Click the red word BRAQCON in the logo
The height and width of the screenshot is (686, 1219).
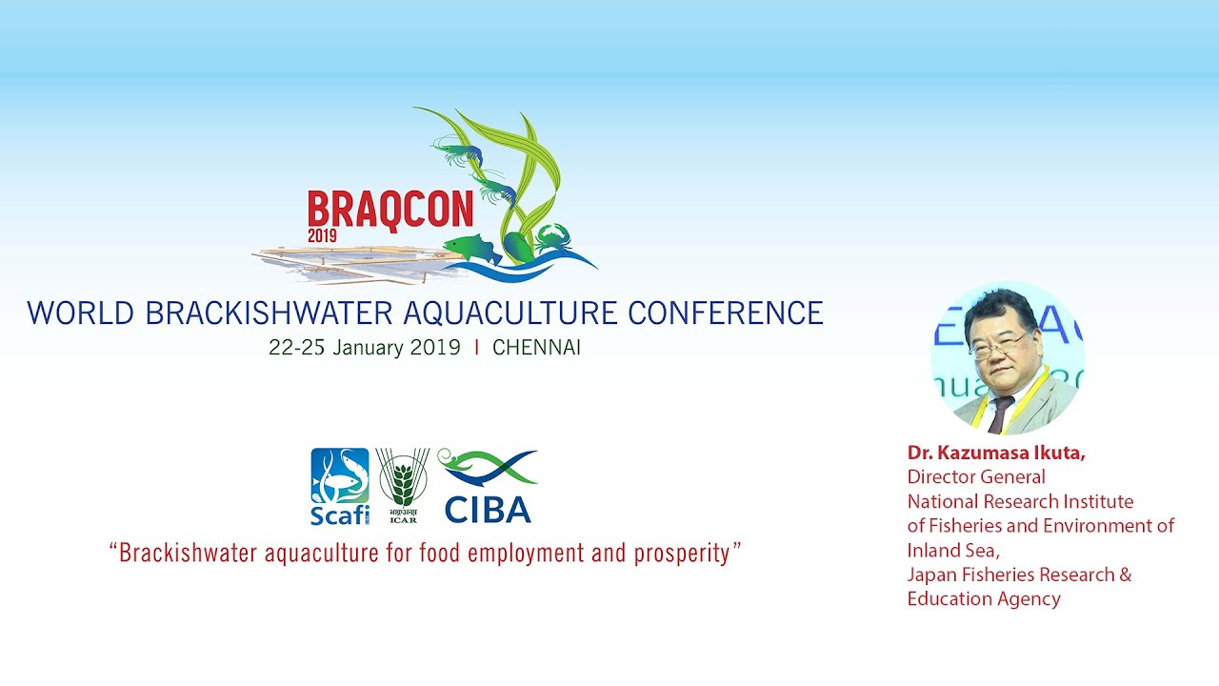click(x=390, y=211)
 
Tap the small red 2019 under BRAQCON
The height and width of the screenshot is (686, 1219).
click(x=322, y=235)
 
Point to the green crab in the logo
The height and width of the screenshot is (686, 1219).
click(x=553, y=238)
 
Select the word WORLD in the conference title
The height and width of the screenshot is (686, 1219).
click(x=81, y=313)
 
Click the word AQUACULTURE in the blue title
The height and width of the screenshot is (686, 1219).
click(x=510, y=313)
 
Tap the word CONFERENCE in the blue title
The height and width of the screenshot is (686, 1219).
click(x=726, y=313)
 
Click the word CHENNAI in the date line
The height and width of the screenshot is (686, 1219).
click(x=536, y=348)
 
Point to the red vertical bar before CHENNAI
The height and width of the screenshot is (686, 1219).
click(x=477, y=348)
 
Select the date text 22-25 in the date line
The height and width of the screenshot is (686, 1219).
click(x=296, y=348)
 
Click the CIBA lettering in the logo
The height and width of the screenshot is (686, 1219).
click(x=488, y=510)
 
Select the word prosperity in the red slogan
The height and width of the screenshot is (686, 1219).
click(x=682, y=554)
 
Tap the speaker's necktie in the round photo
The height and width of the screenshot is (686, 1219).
click(x=1000, y=414)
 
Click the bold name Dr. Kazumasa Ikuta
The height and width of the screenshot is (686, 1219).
click(x=996, y=453)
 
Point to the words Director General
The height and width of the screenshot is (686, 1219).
click(x=976, y=477)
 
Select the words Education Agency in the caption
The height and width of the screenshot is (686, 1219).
click(x=984, y=599)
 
